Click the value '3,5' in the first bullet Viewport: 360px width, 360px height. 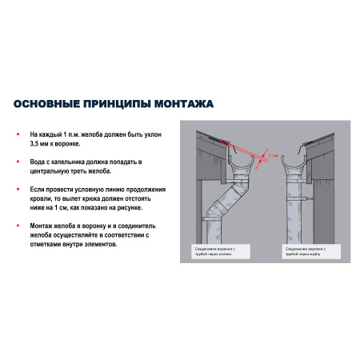(x=35, y=145)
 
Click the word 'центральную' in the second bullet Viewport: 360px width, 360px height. (x=50, y=170)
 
